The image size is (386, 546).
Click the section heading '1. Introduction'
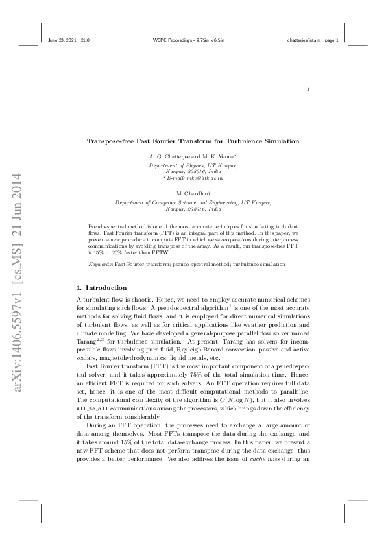(x=102, y=287)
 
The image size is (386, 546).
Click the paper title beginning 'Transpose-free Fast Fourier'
(x=193, y=141)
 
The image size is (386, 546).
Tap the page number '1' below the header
(x=308, y=89)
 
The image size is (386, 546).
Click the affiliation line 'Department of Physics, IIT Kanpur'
(x=193, y=165)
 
